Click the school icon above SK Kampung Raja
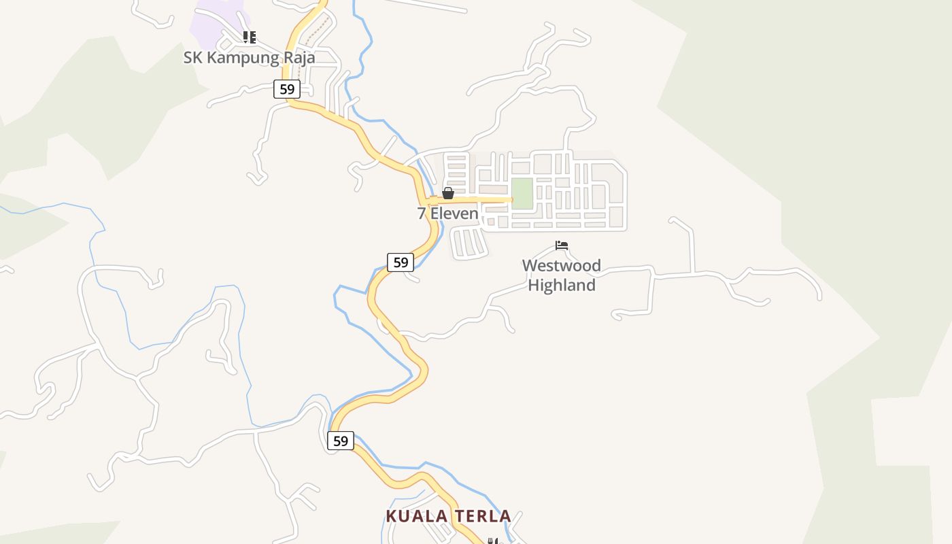[250, 37]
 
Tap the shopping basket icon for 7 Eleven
[448, 194]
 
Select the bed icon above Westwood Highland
[562, 245]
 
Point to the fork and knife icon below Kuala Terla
[492, 541]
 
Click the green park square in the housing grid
[522, 194]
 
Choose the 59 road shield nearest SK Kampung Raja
[287, 88]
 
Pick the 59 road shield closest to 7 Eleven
[401, 262]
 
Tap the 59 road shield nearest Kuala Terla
[341, 441]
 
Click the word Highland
[562, 285]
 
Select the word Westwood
[562, 265]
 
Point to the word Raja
[299, 58]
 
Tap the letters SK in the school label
[193, 58]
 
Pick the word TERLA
[482, 516]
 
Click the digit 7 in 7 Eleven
[422, 214]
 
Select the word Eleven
[454, 214]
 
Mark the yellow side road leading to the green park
[476, 200]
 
